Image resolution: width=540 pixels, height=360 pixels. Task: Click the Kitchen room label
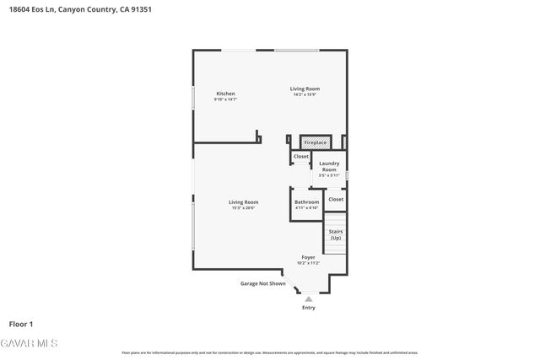point(225,94)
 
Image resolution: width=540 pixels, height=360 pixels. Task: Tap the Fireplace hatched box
point(315,142)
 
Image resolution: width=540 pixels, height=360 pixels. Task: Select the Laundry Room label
point(329,166)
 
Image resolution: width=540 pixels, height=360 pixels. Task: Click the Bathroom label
point(306,201)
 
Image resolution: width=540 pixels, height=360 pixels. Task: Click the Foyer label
point(308,257)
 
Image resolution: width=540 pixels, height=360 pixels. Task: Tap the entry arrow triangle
point(309,298)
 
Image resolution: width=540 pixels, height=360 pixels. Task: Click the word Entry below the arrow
point(309,308)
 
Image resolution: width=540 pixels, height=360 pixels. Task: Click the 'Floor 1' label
point(21,324)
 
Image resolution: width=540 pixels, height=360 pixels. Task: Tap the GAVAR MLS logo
point(29,343)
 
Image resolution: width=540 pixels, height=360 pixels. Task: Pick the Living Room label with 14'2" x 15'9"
point(305,89)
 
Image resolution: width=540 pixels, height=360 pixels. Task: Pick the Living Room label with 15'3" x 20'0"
point(243,202)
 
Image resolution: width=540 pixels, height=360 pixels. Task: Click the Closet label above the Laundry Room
point(301,157)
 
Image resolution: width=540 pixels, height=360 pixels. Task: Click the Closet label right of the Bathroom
point(336,199)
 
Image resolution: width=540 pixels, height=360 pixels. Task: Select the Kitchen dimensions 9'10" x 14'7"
point(225,99)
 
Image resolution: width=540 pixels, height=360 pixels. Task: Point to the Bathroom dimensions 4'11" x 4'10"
point(306,207)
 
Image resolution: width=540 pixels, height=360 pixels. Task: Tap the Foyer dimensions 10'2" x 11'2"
point(308,263)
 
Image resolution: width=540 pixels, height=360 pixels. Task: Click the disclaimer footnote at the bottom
point(270,352)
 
